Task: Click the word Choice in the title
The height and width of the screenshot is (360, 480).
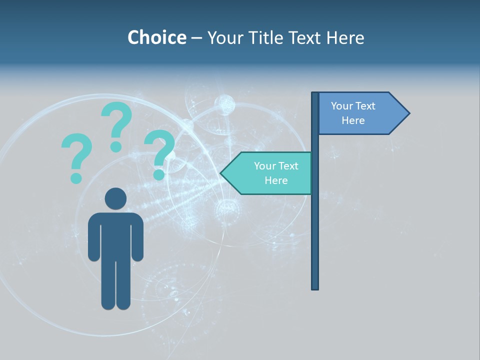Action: click(156, 37)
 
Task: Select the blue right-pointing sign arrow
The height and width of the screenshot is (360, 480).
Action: click(360, 113)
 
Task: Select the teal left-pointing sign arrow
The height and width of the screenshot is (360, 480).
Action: click(270, 173)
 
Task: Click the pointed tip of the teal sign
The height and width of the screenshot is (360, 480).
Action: click(222, 173)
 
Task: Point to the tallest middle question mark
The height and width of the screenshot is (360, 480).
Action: click(116, 122)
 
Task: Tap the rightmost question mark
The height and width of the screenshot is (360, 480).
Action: click(159, 150)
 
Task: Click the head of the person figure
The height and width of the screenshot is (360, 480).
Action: click(116, 198)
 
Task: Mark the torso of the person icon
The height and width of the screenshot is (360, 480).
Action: click(116, 235)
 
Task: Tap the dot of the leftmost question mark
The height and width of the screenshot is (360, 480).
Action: click(76, 177)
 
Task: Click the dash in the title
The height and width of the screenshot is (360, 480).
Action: click(196, 38)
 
